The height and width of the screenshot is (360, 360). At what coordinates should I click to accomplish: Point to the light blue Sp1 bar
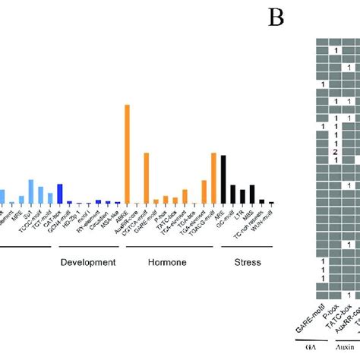31,192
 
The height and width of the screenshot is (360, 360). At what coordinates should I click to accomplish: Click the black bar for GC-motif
232,194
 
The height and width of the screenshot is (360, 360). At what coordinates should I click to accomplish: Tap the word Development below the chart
87,262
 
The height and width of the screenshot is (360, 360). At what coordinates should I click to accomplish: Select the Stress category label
246,262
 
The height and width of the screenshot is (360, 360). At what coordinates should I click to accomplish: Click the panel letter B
276,17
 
